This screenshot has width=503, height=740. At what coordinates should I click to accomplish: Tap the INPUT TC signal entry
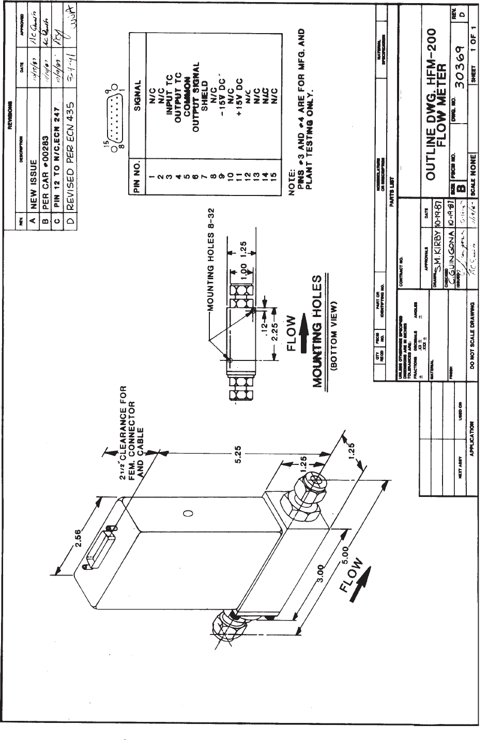169,93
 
